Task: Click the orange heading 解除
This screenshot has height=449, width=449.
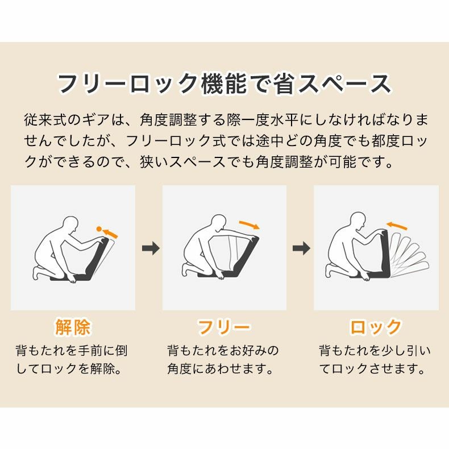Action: pyautogui.click(x=73, y=327)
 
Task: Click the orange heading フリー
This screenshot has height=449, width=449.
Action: pyautogui.click(x=224, y=327)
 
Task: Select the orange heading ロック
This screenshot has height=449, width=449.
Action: pyautogui.click(x=376, y=327)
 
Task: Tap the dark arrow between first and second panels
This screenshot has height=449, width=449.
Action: pyautogui.click(x=150, y=248)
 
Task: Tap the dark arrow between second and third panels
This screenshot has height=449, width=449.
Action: pyautogui.click(x=301, y=248)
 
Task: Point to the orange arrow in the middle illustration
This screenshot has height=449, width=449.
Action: pyautogui.click(x=249, y=224)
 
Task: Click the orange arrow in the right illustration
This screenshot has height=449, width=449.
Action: pyautogui.click(x=400, y=226)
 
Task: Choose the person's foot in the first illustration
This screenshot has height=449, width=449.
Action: pyautogui.click(x=38, y=275)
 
